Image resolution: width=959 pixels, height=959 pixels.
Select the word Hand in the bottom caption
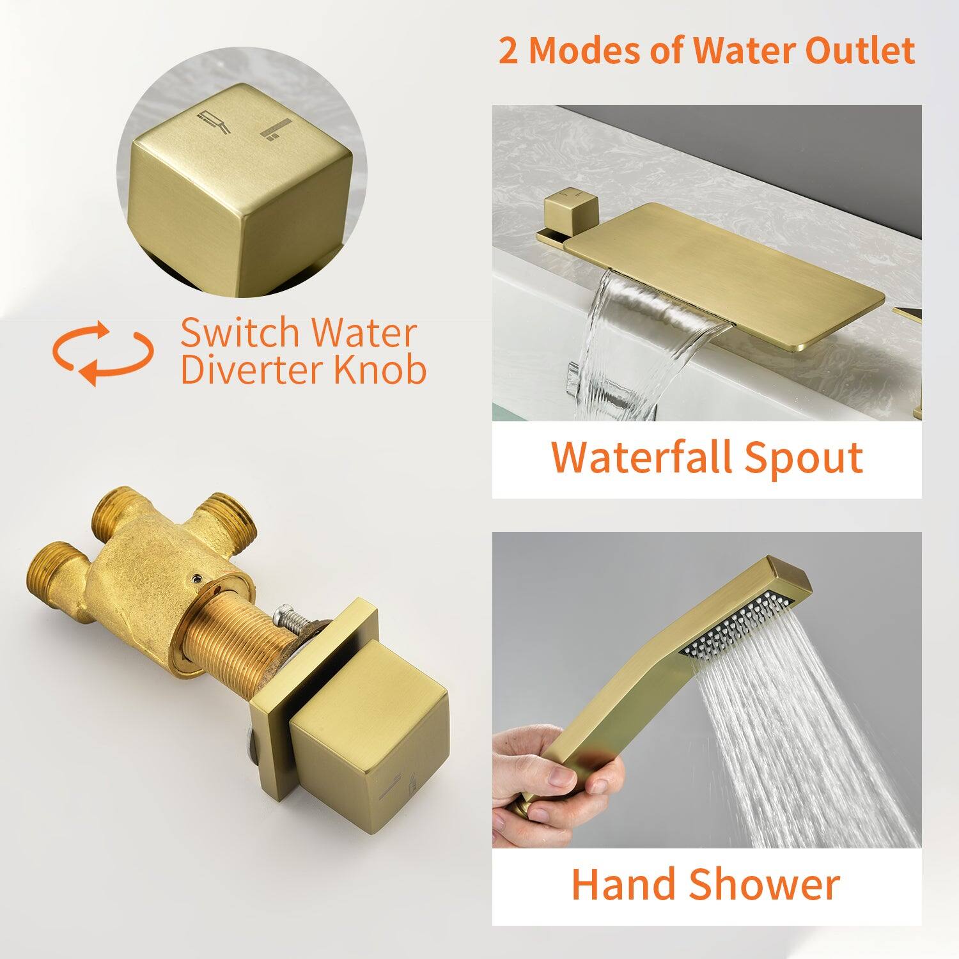coord(623,884)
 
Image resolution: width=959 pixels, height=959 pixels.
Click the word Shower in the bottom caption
coord(765,884)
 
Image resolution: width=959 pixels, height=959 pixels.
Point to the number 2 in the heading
coord(509,51)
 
